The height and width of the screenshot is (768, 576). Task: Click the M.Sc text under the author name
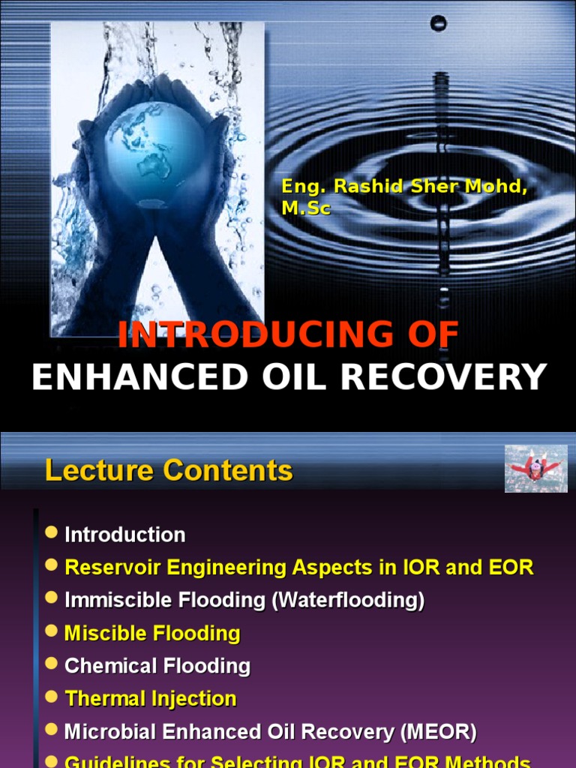click(x=305, y=209)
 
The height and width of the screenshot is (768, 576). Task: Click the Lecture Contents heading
click(x=169, y=471)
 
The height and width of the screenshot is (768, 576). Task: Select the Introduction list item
click(x=125, y=535)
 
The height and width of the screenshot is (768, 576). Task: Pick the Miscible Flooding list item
click(x=152, y=633)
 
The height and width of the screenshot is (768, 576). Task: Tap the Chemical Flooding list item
click(x=157, y=666)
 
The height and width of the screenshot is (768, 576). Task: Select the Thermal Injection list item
click(x=151, y=699)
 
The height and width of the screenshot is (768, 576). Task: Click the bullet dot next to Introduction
click(x=51, y=532)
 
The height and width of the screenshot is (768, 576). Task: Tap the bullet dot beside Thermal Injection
click(x=51, y=697)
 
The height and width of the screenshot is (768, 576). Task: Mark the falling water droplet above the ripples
click(x=439, y=24)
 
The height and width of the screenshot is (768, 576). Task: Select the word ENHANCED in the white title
click(x=139, y=376)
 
